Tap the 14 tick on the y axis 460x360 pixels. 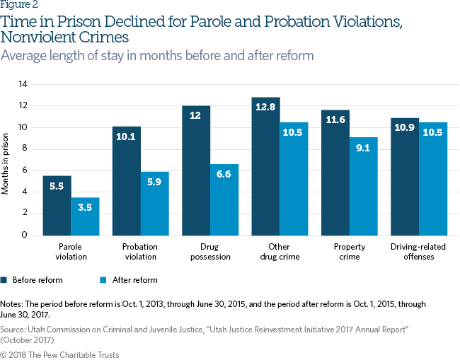click(x=23, y=84)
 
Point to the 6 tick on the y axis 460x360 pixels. click(x=25, y=170)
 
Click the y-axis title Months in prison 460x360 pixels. click(x=6, y=160)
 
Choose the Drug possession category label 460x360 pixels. click(x=210, y=252)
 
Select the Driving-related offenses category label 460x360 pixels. click(x=419, y=252)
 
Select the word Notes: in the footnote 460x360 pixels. click(x=13, y=304)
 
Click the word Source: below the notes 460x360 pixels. click(x=13, y=330)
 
